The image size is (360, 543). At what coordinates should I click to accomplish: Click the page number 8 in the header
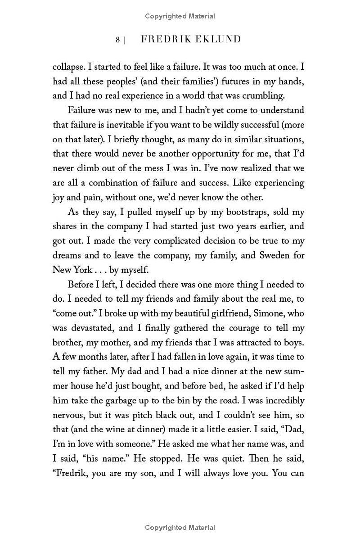(x=117, y=40)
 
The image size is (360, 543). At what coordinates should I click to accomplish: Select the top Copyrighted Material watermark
(x=180, y=16)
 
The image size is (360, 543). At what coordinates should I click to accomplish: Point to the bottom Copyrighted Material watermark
(x=180, y=528)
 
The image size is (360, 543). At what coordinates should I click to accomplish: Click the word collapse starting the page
(x=68, y=67)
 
